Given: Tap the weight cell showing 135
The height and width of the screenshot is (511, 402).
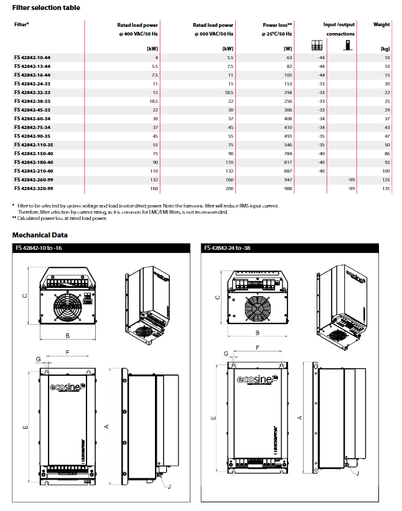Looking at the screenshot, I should tap(386, 188).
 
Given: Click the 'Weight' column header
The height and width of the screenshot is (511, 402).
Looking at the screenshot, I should tap(381, 25).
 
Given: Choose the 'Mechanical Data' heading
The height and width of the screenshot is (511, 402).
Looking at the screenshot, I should tap(40, 235).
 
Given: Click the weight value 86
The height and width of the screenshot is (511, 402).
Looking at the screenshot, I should tap(386, 153).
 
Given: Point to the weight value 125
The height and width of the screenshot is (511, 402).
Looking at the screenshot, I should tap(386, 179).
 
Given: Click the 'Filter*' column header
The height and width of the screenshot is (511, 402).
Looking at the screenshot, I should tap(22, 25).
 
